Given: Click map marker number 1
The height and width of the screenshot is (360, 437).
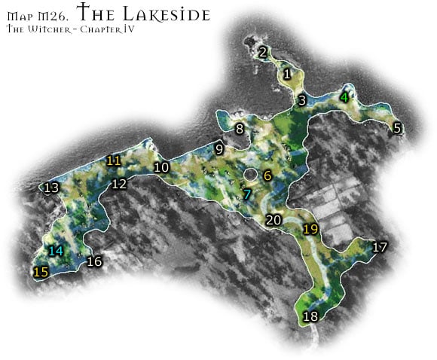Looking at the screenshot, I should pos(286,75).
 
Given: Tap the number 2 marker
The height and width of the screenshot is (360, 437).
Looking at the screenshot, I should pos(263,53).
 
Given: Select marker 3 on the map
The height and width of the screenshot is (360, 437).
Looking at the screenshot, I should pos(301,100).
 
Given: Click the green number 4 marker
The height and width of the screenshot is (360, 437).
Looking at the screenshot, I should pos(344,97).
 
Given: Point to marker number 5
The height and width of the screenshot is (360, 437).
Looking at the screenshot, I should pos(397,127).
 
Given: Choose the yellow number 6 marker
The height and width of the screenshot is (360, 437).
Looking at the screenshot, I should pos(267,176).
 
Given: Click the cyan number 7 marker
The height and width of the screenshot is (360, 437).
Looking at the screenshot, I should pos(246,194).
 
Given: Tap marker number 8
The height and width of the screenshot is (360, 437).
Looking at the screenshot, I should pos(240,129).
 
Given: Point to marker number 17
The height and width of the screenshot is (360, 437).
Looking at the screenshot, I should pos(380,247).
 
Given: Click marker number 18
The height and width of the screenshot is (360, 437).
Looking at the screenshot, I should pos(310,316).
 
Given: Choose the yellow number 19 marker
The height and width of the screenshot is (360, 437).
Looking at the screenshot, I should pos(310,229).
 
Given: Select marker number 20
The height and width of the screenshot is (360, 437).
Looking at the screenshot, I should pos(274,220).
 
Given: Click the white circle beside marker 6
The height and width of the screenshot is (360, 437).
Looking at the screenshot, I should pos(250,175).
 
